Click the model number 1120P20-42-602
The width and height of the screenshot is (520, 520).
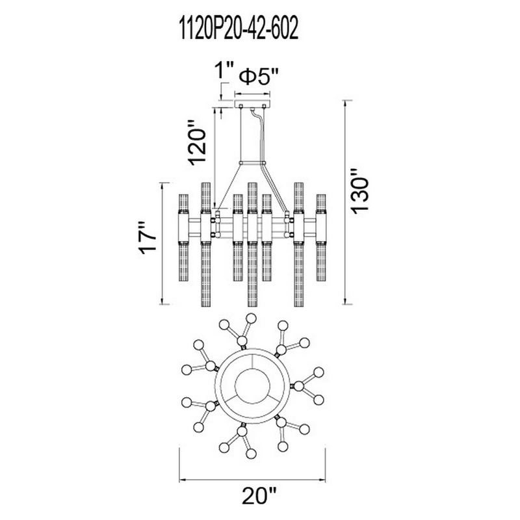(239, 29)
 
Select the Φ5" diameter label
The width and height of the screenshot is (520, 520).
(259, 77)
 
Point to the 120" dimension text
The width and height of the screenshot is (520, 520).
(198, 142)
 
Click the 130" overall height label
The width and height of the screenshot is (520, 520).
(360, 191)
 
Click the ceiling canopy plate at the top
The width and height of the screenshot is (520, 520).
(252, 103)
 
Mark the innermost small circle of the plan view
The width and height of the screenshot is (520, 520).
(252, 385)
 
